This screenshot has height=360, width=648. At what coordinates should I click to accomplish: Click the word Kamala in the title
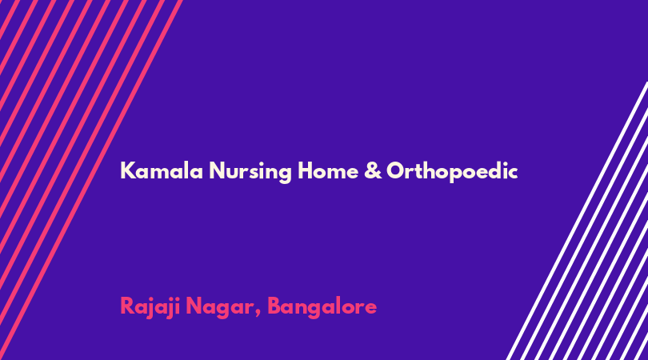click(162, 170)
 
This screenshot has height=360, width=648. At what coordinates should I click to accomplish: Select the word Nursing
click(250, 172)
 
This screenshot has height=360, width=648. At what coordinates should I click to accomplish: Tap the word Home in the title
click(328, 170)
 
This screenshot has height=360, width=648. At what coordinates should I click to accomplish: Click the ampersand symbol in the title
click(373, 170)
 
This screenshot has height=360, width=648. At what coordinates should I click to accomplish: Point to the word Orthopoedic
click(452, 172)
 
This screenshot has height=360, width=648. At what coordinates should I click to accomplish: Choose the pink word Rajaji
click(150, 307)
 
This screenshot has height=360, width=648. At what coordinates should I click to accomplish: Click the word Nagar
click(219, 306)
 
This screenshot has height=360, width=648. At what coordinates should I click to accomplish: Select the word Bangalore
click(322, 307)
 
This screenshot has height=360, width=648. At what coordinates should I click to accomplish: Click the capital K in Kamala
click(128, 170)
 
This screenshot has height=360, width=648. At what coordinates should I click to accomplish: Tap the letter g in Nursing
click(283, 175)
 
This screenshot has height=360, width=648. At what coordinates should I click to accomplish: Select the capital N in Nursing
click(217, 170)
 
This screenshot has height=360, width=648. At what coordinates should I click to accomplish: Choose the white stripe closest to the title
click(577, 221)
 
